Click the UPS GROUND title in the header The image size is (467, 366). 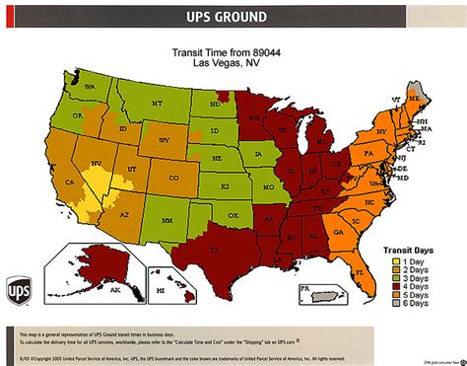point(233,17)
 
